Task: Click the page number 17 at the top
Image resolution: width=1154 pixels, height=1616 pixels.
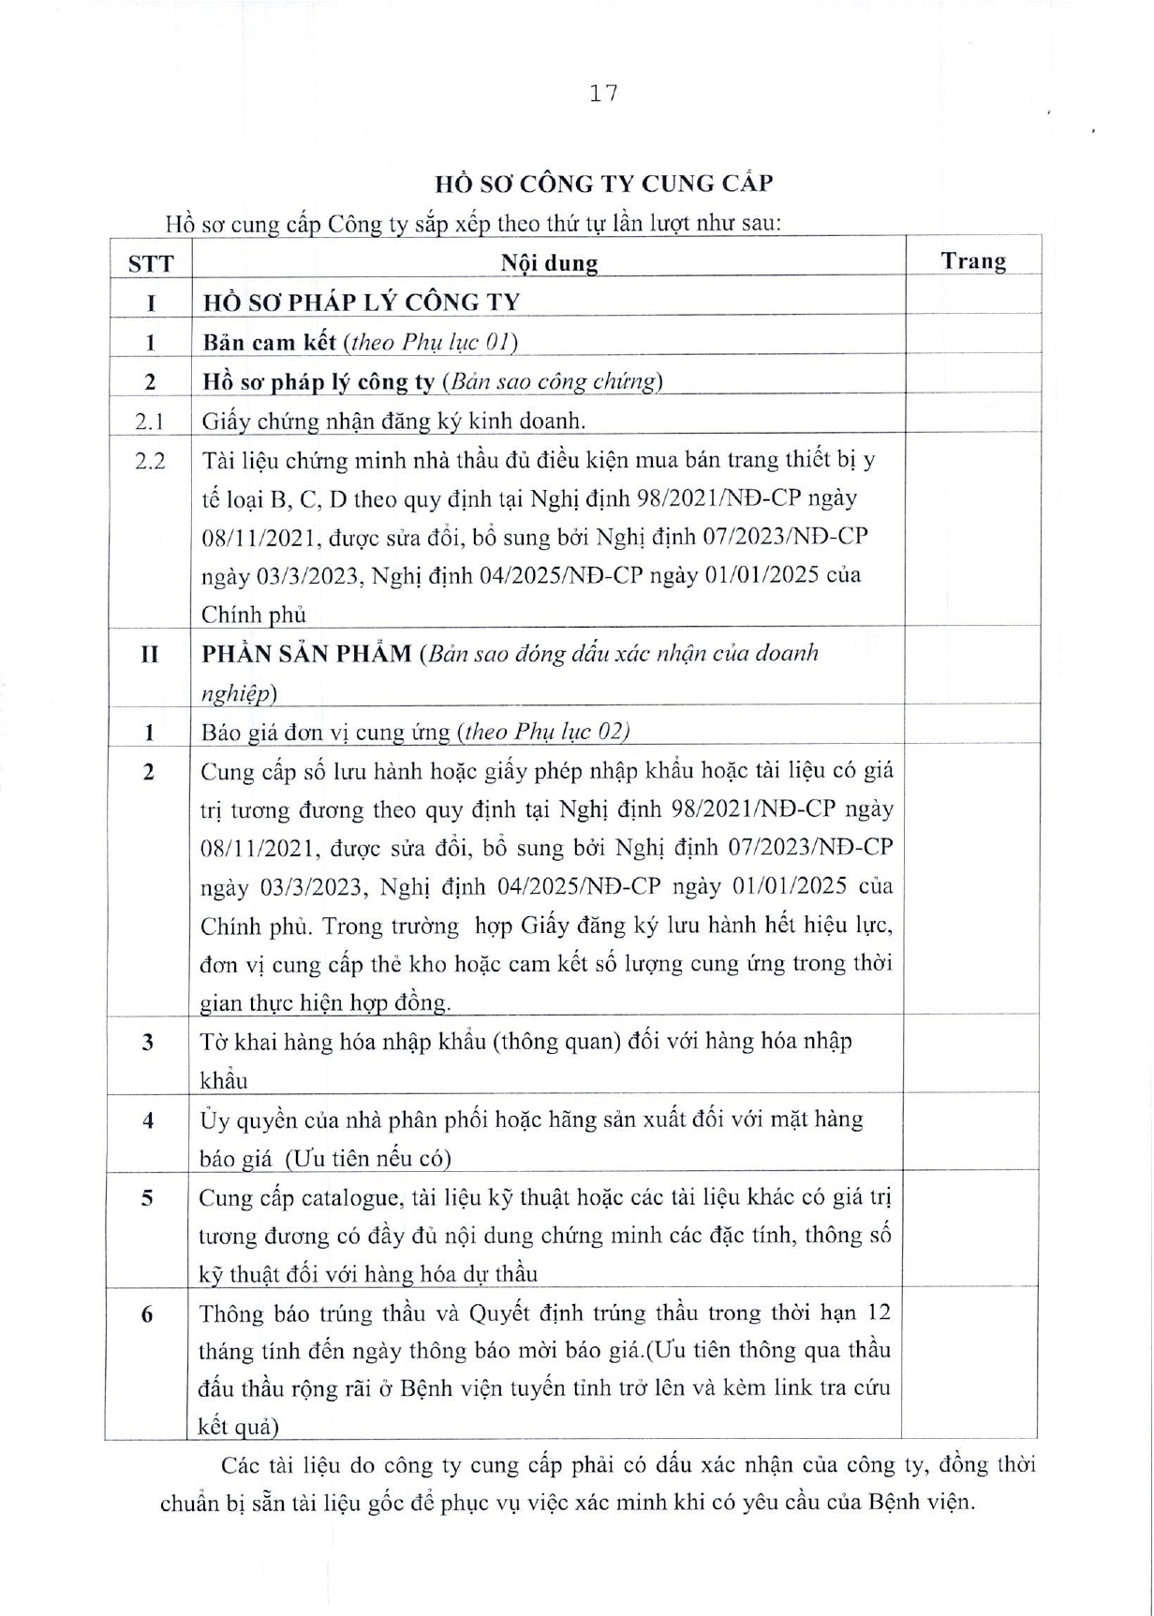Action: [604, 93]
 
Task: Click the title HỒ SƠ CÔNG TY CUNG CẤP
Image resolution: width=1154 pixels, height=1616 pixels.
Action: [604, 184]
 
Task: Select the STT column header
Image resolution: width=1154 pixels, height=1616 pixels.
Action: [151, 263]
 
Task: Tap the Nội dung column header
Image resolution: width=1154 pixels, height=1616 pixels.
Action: [549, 263]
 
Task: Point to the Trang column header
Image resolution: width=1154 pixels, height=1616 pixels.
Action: [973, 261]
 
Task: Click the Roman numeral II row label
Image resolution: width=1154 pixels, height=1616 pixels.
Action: [149, 654]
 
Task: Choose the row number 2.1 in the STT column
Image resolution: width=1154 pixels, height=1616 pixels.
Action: [150, 422]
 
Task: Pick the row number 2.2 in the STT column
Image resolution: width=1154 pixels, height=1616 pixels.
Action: [150, 461]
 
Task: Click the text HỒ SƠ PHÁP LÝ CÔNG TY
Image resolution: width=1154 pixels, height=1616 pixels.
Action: [362, 303]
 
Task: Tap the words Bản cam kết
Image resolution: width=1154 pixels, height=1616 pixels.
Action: [269, 342]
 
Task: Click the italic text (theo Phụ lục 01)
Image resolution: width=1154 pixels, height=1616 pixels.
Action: [432, 342]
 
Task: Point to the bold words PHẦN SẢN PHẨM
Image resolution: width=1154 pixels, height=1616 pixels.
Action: [307, 654]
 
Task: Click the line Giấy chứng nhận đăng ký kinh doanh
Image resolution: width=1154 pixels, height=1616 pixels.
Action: [393, 422]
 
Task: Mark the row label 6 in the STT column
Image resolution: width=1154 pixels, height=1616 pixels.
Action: [147, 1314]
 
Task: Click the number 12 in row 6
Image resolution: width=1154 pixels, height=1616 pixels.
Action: [877, 1312]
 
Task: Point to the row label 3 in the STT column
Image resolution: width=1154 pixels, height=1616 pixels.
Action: [147, 1043]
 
